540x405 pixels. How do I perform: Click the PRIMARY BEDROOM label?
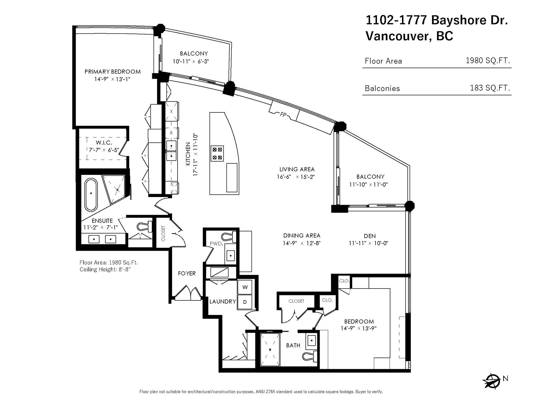pyautogui.click(x=112, y=72)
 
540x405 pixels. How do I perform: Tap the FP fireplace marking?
pyautogui.click(x=283, y=114)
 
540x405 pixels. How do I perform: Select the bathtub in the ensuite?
pyautogui.click(x=91, y=194)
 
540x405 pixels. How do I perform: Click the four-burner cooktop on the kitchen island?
pyautogui.click(x=217, y=154)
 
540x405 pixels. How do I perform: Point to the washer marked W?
pyautogui.click(x=245, y=287)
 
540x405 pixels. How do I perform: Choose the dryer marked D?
pyautogui.click(x=245, y=302)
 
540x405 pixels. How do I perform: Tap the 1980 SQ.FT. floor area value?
pyautogui.click(x=488, y=60)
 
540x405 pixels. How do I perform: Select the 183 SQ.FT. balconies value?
pyautogui.click(x=490, y=88)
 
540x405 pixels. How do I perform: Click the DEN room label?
pyautogui.click(x=370, y=236)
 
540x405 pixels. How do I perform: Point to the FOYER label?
pyautogui.click(x=187, y=273)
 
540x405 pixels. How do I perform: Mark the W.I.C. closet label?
pyautogui.click(x=104, y=142)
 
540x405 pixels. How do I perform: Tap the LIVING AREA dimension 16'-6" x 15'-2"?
pyautogui.click(x=296, y=177)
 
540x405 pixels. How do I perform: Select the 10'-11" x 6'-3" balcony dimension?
pyautogui.click(x=191, y=61)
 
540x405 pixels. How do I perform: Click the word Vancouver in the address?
pyautogui.click(x=397, y=36)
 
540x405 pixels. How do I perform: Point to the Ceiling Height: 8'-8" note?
pyautogui.click(x=105, y=270)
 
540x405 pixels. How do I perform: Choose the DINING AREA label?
pyautogui.click(x=302, y=236)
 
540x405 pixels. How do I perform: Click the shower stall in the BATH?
pyautogui.click(x=270, y=349)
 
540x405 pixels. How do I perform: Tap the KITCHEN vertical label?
pyautogui.click(x=188, y=154)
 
